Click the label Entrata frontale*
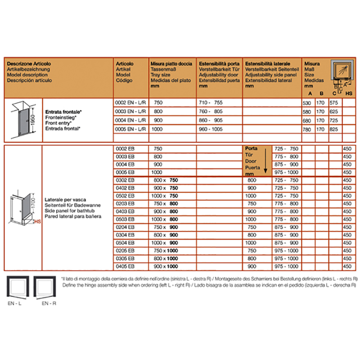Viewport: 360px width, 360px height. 63,111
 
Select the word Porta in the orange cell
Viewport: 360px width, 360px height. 251,148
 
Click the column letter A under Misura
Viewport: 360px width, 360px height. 309,94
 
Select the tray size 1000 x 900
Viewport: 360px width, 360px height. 166,243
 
